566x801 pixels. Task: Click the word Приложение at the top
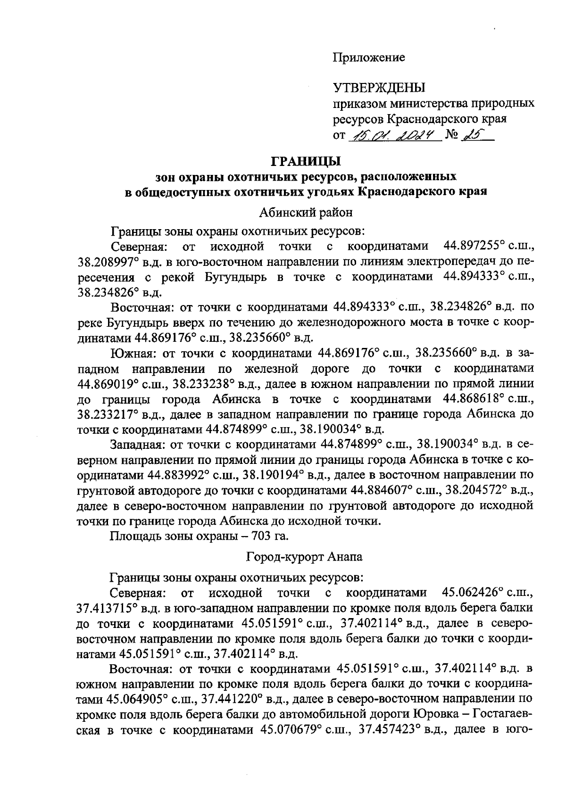[369, 58]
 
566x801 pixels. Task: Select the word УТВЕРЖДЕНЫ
[379, 88]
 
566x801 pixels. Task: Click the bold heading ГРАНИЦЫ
[306, 162]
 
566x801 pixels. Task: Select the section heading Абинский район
[306, 213]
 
